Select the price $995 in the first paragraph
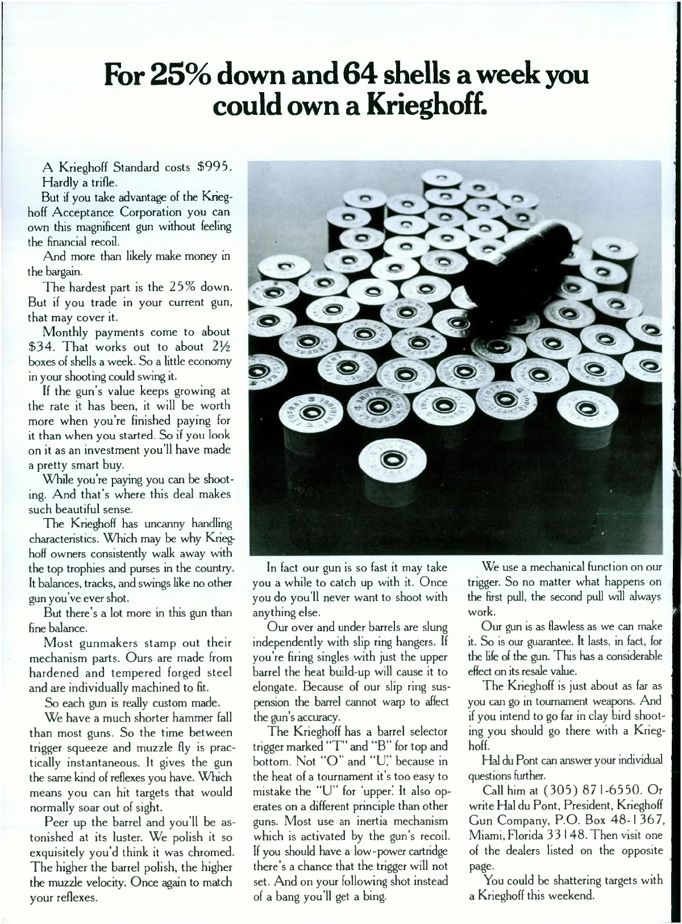[214, 168]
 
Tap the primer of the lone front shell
[389, 458]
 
